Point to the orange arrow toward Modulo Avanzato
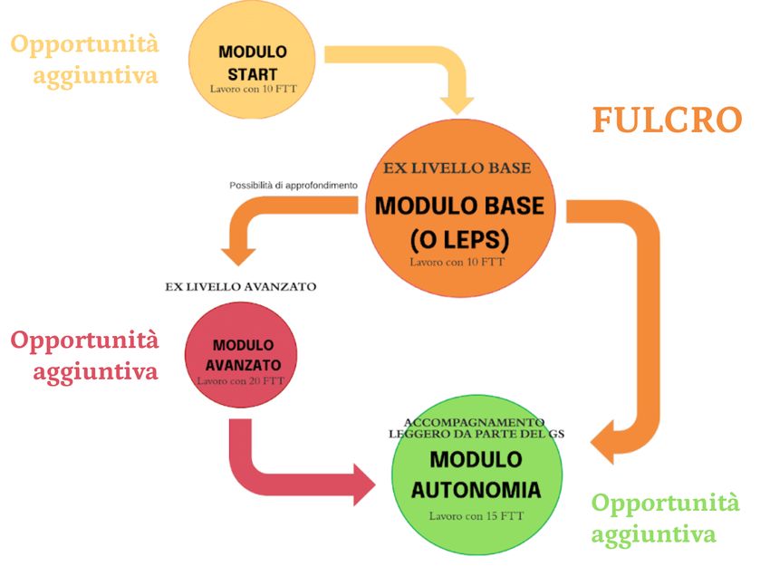coord(272,218)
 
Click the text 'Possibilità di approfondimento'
coord(294,186)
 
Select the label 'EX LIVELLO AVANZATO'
coord(240,286)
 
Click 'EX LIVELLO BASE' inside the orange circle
coord(457,168)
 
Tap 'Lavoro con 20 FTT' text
coord(240,381)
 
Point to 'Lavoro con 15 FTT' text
coord(476,516)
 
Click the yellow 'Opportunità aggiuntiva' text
coord(85,59)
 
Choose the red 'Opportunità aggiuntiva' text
coord(85,355)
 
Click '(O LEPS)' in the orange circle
coord(459,240)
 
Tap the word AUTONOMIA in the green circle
coord(476,490)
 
